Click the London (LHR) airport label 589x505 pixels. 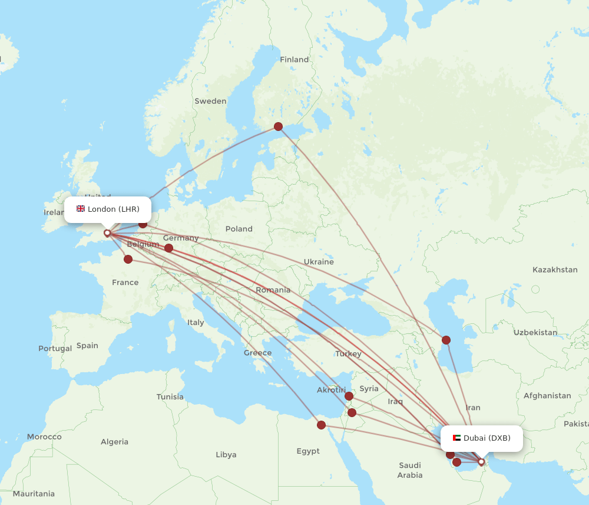pos(113,209)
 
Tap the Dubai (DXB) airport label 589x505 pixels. pos(487,438)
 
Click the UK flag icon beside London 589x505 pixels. pos(81,209)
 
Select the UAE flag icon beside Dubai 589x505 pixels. pos(456,438)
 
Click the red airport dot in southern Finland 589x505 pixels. pos(278,126)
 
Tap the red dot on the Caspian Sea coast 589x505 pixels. pos(446,340)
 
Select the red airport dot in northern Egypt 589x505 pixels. pos(321,425)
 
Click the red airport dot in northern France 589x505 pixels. pos(128,259)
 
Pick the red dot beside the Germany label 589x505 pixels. pos(168,248)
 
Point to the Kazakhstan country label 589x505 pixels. pos(555,270)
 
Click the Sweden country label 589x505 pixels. pos(210,101)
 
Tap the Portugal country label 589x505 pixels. pos(55,349)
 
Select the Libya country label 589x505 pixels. pos(226,455)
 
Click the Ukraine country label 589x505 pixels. pos(319,262)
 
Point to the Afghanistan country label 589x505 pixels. pos(547,396)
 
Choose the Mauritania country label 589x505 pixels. pos(34,494)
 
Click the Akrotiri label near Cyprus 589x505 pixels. pos(331,390)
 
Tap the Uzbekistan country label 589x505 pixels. pos(535,333)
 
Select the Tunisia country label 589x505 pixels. pos(170,397)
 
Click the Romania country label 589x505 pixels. pos(273,290)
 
